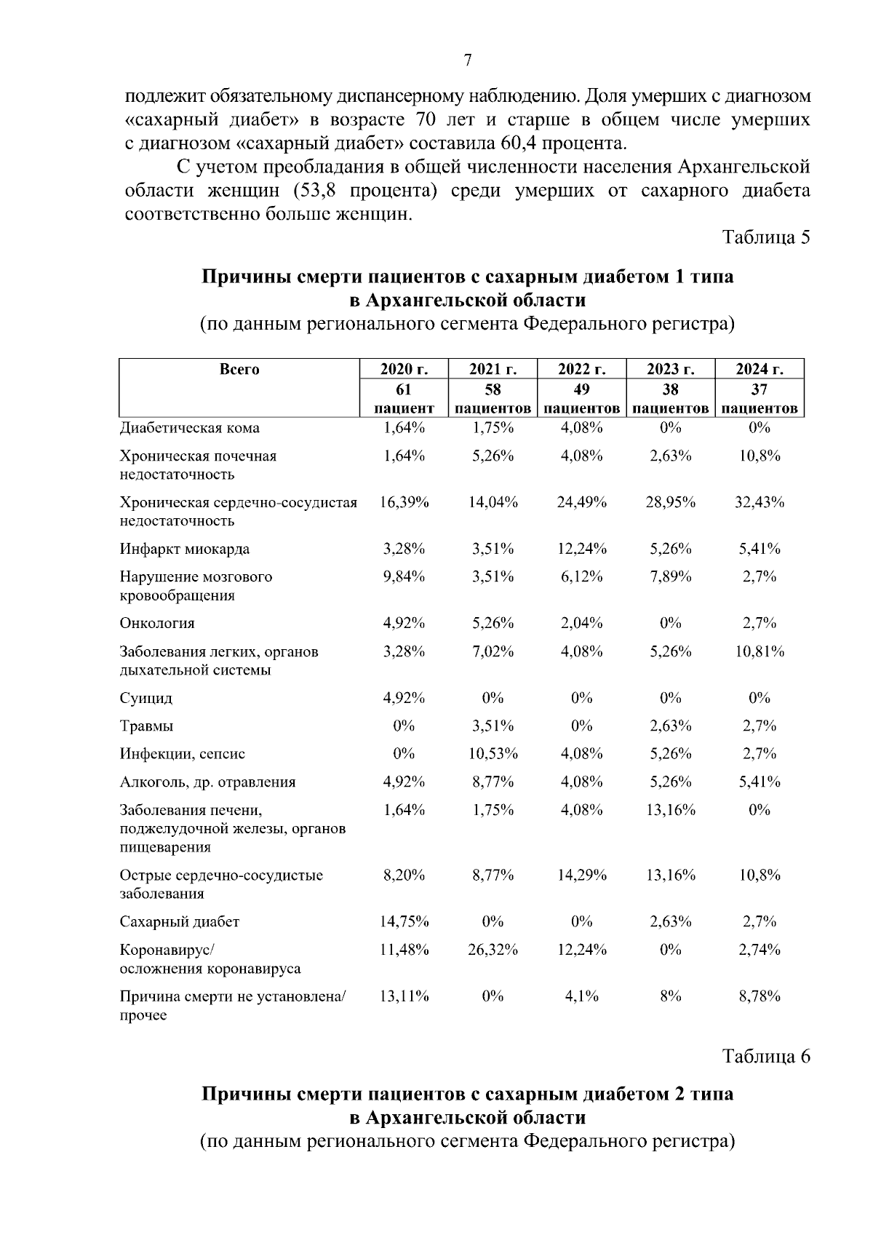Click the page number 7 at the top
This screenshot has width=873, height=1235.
coord(468,61)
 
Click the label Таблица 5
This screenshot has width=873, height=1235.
coord(765,237)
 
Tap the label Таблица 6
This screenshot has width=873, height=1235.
coord(765,1056)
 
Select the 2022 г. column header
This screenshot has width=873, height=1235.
coord(581,369)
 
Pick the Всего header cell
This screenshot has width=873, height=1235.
coord(239,369)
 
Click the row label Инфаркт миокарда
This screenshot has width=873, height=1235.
coord(185,549)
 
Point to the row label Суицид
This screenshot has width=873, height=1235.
coord(146,698)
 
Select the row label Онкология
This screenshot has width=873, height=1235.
coord(157,623)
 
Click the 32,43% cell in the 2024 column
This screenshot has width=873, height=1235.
coord(759,502)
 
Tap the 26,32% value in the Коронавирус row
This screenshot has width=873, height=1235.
coord(493,950)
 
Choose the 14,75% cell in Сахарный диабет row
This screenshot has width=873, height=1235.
coord(404,921)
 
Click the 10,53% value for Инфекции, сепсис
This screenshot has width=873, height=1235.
coord(493,754)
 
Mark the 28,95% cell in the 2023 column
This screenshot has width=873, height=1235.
coord(670,502)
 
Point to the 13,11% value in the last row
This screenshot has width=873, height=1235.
coord(404,996)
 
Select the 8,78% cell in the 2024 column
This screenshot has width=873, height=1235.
coord(759,996)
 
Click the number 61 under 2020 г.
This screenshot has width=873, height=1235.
coord(404,389)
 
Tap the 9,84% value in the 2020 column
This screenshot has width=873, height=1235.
coord(404,576)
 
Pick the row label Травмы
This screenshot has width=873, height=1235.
coord(146,726)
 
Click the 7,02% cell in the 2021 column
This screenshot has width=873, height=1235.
coord(493,651)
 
